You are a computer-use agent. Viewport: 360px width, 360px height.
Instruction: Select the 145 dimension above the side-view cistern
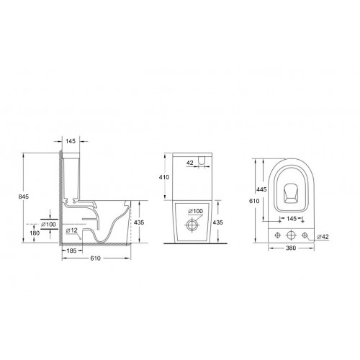click(x=71, y=141)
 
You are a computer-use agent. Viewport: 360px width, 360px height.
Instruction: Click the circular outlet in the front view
click(x=192, y=225)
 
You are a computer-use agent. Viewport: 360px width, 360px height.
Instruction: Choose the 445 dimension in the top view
click(x=263, y=189)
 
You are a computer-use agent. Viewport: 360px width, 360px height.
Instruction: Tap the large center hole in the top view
click(x=291, y=235)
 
